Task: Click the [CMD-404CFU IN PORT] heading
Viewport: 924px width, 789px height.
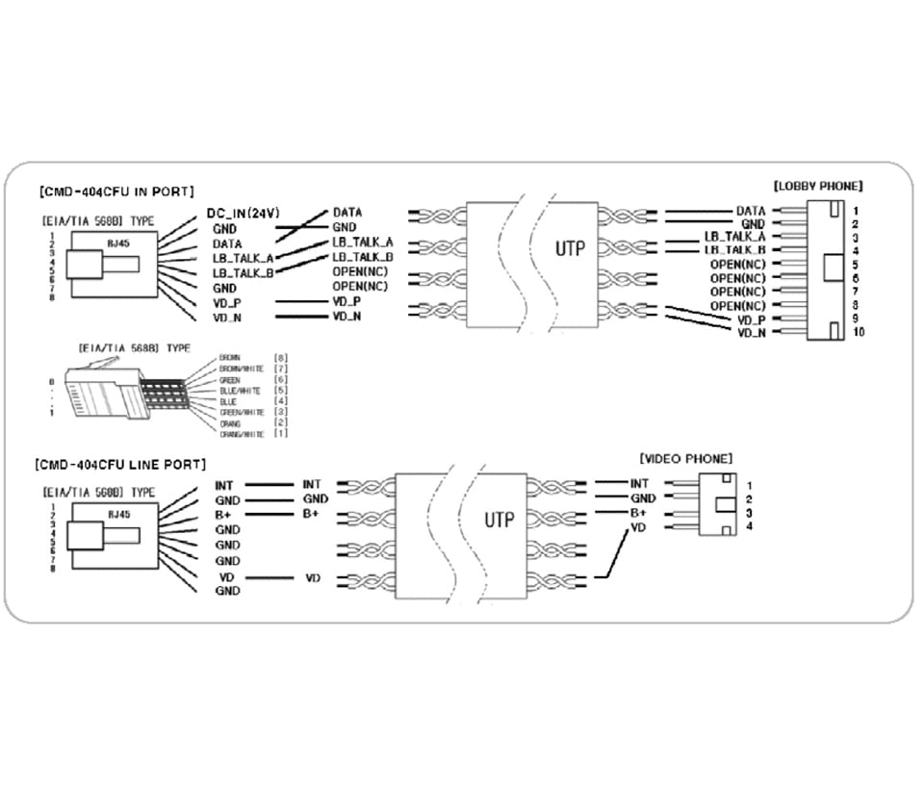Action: coord(116,191)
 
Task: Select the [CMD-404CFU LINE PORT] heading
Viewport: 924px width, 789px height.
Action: coord(120,464)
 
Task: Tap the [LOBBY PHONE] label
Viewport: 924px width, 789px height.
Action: coord(817,185)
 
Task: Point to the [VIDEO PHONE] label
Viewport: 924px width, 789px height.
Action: coord(685,459)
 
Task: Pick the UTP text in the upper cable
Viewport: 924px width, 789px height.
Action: coord(571,248)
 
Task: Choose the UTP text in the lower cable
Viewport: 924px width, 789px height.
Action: coord(499,521)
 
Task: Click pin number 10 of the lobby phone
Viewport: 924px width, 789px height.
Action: coord(859,332)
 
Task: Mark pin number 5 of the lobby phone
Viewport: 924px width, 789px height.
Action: coord(855,264)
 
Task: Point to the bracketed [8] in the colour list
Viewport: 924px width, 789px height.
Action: coord(281,358)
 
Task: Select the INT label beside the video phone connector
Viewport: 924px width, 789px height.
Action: coord(639,483)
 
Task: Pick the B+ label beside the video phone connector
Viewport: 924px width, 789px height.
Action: coord(638,513)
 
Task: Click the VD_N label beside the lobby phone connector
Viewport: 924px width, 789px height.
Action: coord(751,332)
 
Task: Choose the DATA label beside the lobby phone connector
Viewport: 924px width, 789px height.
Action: coord(751,211)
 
